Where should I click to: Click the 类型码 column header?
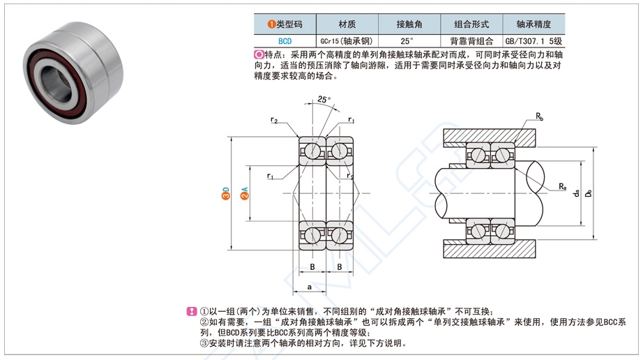285,24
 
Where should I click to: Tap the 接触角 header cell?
409,24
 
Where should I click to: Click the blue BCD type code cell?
285,40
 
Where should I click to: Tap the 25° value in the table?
409,40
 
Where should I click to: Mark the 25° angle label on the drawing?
324,99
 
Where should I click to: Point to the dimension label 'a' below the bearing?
309,286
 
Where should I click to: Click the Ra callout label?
561,186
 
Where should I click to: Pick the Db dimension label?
589,193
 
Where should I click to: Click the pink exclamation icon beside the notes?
192,312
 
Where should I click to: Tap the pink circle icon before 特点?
259,54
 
